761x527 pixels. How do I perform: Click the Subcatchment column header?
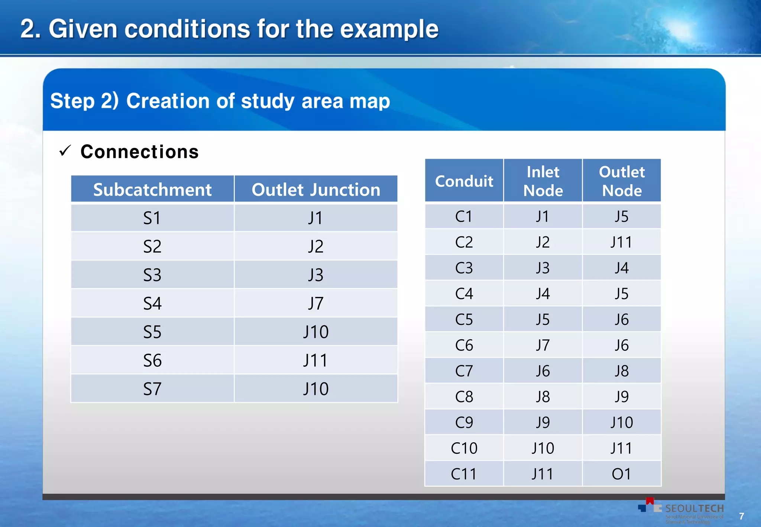pyautogui.click(x=152, y=190)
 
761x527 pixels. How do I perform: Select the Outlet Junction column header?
pyautogui.click(x=316, y=190)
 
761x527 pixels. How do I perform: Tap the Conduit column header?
pyautogui.click(x=464, y=181)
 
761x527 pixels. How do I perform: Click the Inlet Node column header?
pyautogui.click(x=543, y=181)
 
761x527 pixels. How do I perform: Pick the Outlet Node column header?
pyautogui.click(x=622, y=181)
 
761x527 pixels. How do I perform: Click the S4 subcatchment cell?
pyautogui.click(x=152, y=303)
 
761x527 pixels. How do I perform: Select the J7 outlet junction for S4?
pyautogui.click(x=316, y=303)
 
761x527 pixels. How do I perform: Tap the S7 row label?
pyautogui.click(x=152, y=389)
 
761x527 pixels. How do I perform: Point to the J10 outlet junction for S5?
pyautogui.click(x=316, y=332)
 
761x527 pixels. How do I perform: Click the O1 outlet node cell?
pyautogui.click(x=621, y=474)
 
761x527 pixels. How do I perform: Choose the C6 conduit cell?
pyautogui.click(x=464, y=345)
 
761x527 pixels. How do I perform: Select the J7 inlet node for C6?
pyautogui.click(x=543, y=345)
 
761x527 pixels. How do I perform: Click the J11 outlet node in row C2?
pyautogui.click(x=621, y=242)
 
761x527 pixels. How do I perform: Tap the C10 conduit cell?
pyautogui.click(x=464, y=448)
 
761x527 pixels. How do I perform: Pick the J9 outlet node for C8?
pyautogui.click(x=621, y=397)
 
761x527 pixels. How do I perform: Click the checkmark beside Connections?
pyautogui.click(x=65, y=151)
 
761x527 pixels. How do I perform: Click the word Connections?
pyautogui.click(x=139, y=152)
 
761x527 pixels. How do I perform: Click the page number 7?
pyautogui.click(x=741, y=516)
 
